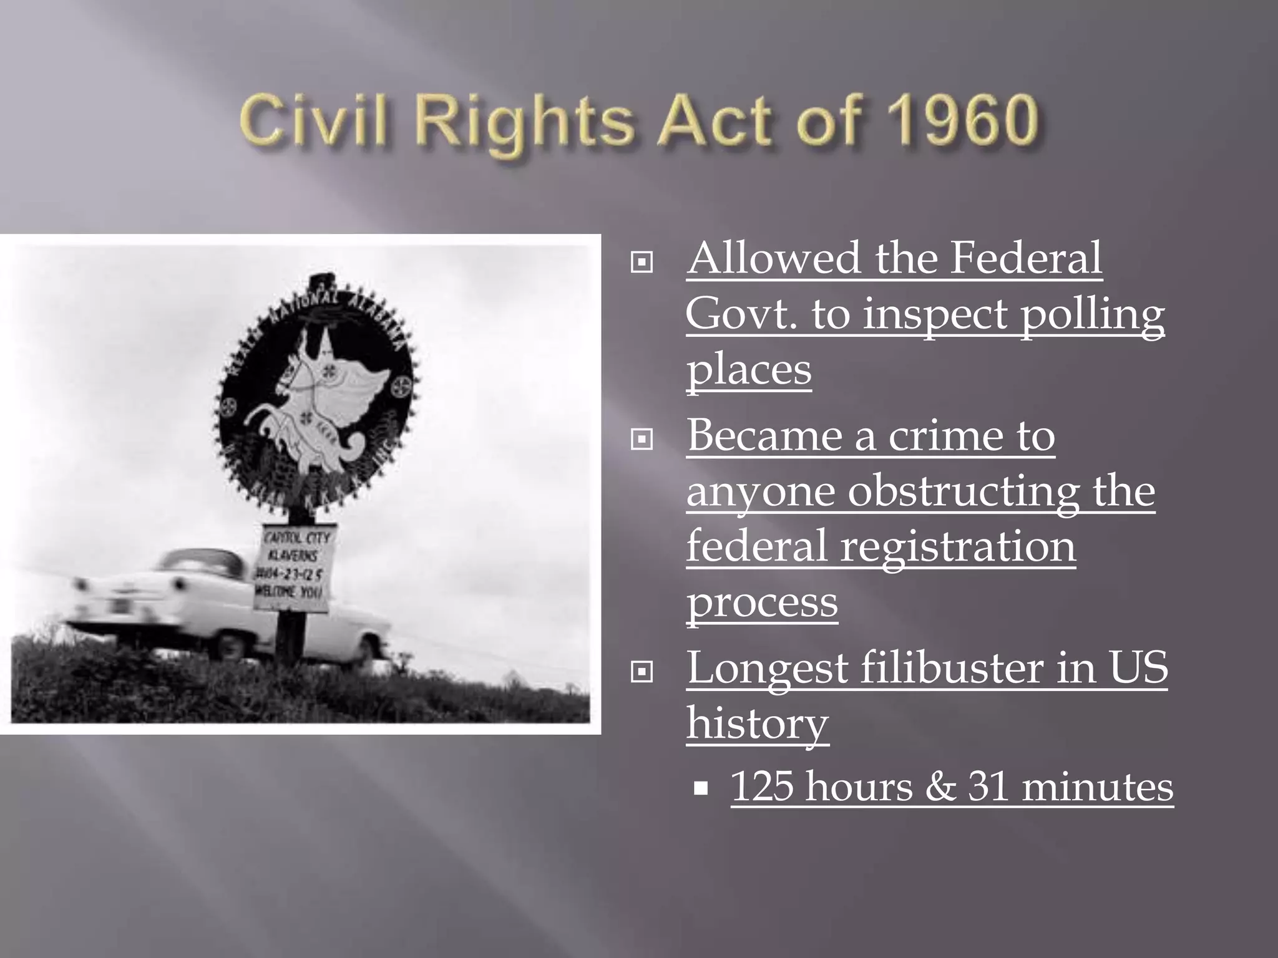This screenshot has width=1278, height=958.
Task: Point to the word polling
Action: (x=1092, y=315)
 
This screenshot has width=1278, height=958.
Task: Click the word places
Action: (x=749, y=369)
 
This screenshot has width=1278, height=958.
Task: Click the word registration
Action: (x=958, y=546)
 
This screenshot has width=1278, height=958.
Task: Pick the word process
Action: (x=762, y=602)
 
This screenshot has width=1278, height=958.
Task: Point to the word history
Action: (x=758, y=723)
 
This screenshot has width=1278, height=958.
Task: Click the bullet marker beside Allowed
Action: (x=642, y=262)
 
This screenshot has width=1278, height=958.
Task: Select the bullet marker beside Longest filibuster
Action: (x=642, y=672)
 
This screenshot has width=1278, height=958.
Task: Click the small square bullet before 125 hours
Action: (x=701, y=789)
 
